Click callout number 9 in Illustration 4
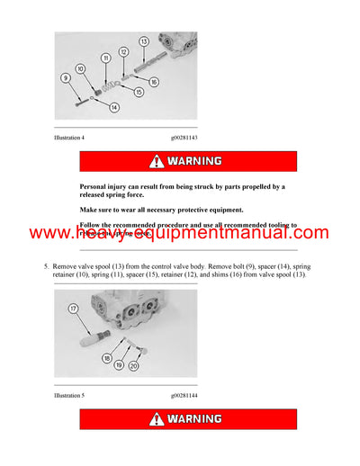pyautogui.click(x=65, y=78)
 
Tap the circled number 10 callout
pyautogui.click(x=80, y=68)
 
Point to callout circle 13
pyautogui.click(x=143, y=41)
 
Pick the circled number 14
pyautogui.click(x=114, y=108)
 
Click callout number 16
pyautogui.click(x=154, y=82)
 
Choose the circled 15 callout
pyautogui.click(x=139, y=92)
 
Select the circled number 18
pyautogui.click(x=106, y=358)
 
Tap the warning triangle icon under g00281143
pyautogui.click(x=157, y=161)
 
